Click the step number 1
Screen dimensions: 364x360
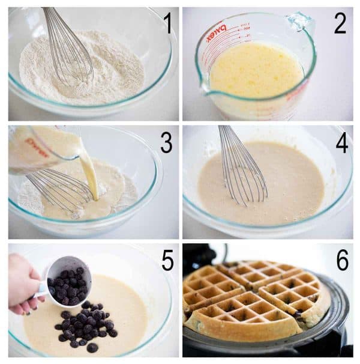(x=167, y=23)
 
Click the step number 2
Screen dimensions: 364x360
(x=340, y=23)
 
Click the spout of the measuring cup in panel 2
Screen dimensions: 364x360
(x=205, y=90)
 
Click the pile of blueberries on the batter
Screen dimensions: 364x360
(x=84, y=324)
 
